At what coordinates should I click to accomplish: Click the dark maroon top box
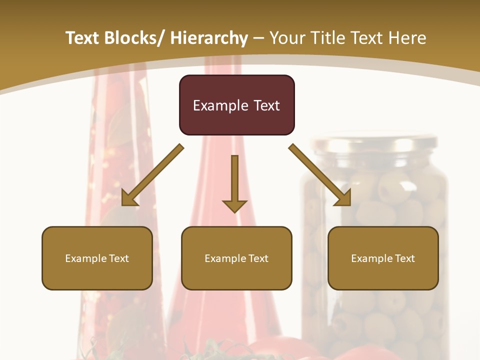[236, 105]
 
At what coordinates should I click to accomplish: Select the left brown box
[97, 258]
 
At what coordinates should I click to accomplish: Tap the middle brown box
[236, 258]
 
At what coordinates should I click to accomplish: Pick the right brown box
[383, 258]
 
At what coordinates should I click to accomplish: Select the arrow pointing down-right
[320, 175]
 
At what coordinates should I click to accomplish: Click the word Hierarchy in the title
[209, 38]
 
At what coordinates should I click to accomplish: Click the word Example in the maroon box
[220, 105]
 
